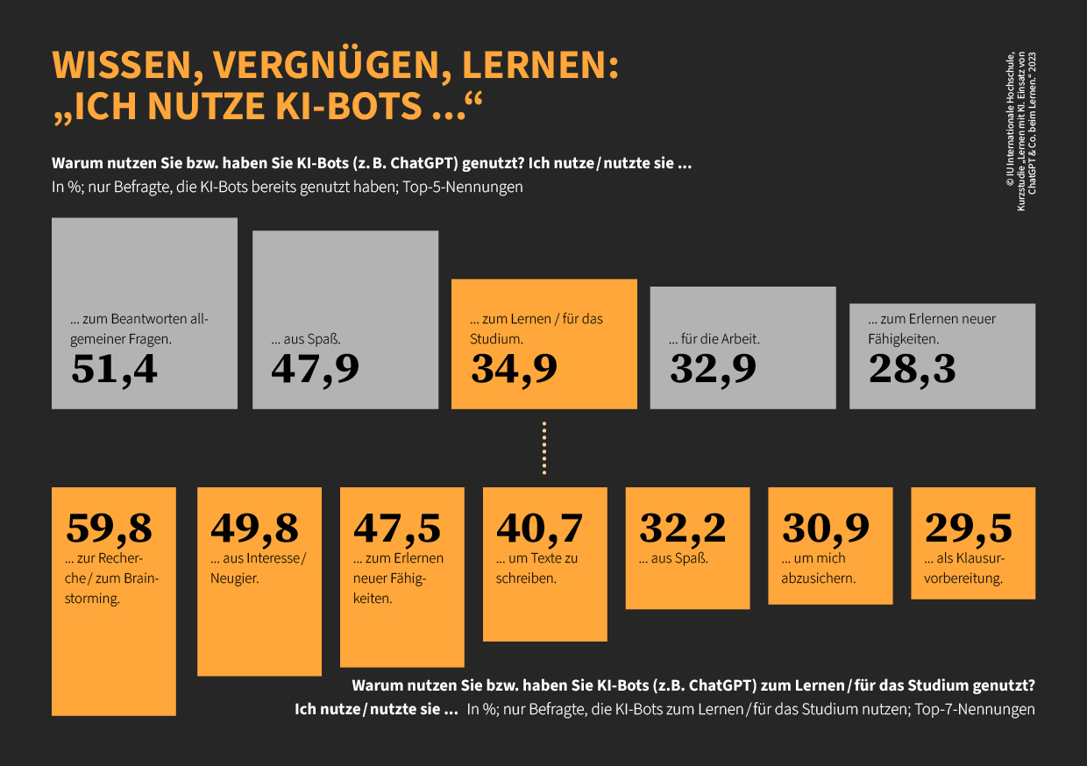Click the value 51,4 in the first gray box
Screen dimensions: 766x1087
click(x=115, y=369)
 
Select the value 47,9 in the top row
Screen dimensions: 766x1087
click(x=315, y=369)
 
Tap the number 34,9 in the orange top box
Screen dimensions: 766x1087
click(x=514, y=369)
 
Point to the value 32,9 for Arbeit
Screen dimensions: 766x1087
click(x=713, y=369)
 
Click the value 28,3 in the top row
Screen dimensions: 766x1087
click(x=912, y=369)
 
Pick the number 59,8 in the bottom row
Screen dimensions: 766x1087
click(x=110, y=528)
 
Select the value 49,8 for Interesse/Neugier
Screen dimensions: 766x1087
click(x=254, y=528)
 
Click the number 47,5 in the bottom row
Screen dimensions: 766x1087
click(x=397, y=528)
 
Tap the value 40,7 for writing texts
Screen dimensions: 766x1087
click(x=540, y=528)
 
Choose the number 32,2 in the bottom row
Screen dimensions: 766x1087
click(x=683, y=528)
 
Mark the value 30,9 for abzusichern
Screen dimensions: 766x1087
click(x=826, y=528)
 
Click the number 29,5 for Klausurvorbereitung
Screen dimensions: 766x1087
click(x=969, y=528)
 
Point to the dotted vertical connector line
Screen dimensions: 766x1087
click(x=544, y=449)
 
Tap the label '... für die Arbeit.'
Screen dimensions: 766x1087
click(x=714, y=338)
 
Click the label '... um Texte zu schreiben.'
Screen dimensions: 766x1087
click(x=536, y=568)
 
